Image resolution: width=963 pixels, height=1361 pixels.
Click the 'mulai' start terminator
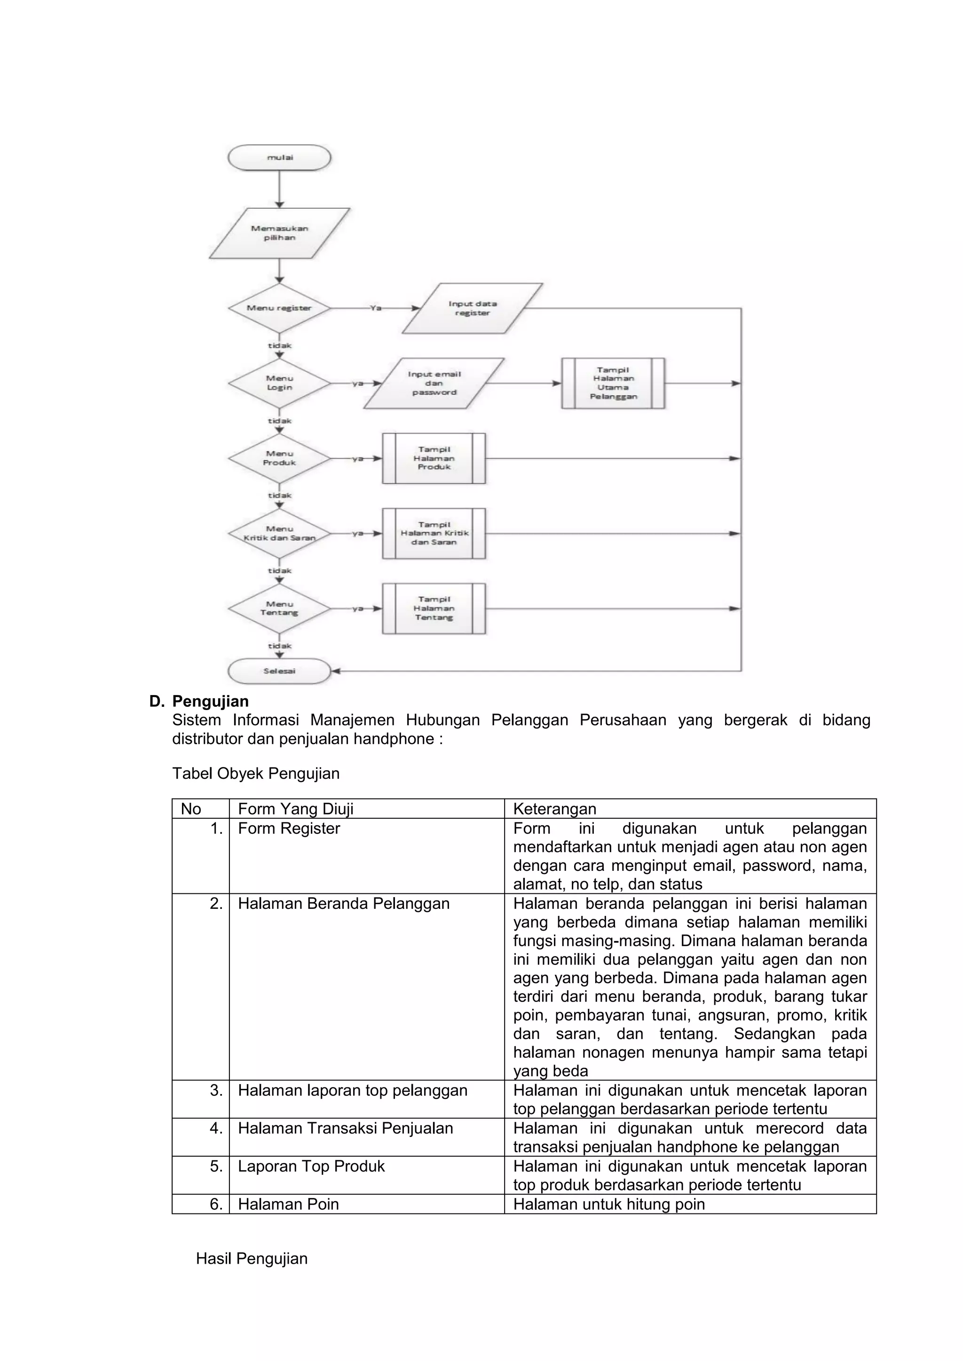(279, 158)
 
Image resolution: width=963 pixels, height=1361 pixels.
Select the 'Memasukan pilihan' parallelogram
(279, 233)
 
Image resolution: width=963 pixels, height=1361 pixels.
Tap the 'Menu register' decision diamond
(279, 308)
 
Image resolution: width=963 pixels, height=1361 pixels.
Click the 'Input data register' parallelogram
(472, 308)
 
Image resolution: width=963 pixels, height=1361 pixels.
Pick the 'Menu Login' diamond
(279, 383)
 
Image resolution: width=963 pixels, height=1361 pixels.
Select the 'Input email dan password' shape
(434, 383)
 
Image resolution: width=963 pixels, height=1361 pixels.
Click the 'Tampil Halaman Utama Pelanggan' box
(613, 383)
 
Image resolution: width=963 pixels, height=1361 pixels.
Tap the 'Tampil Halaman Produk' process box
(434, 458)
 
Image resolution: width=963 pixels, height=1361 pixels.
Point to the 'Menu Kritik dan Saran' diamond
(279, 533)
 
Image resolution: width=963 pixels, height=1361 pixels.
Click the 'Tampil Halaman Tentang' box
(434, 608)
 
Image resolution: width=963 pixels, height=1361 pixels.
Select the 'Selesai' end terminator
(279, 671)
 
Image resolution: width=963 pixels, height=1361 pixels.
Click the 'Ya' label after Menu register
(375, 308)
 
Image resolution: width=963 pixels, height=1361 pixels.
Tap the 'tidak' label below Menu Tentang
(279, 646)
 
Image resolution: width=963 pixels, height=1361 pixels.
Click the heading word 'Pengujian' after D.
(211, 701)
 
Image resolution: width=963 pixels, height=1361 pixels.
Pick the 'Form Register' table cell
(289, 828)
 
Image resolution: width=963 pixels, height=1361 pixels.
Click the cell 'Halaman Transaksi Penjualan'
(345, 1128)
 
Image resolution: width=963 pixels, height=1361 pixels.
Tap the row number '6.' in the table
(216, 1204)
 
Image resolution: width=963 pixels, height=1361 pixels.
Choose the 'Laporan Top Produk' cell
(311, 1166)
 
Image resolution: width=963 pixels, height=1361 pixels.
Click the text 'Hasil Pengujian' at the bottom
(252, 1259)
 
